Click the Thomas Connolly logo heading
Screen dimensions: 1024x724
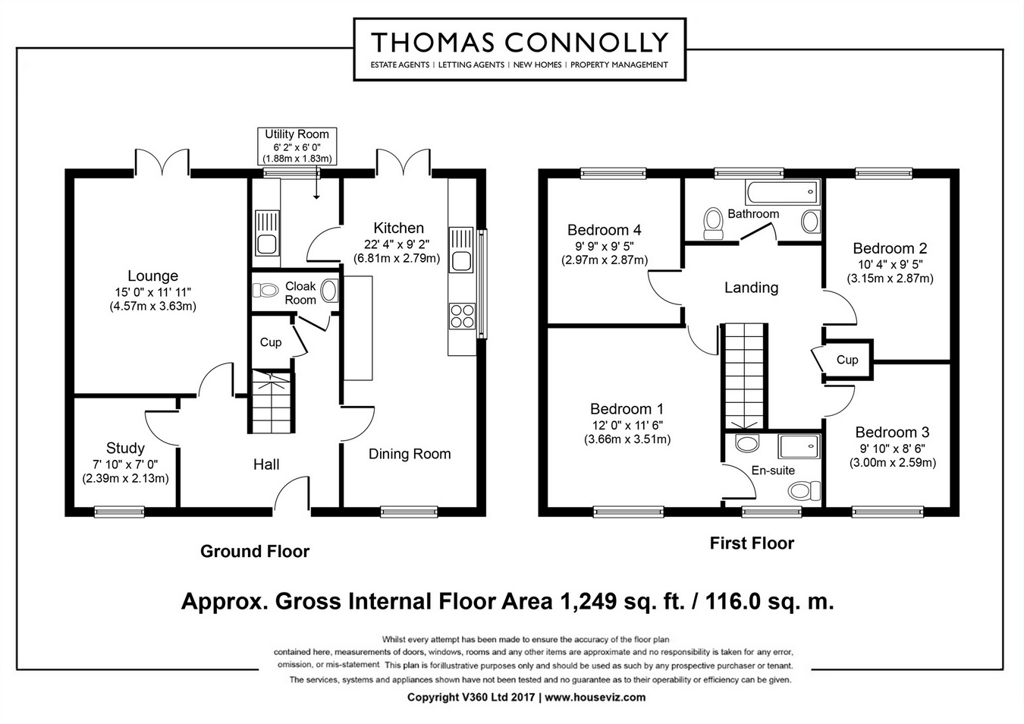point(520,42)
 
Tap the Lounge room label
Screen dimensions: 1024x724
point(152,275)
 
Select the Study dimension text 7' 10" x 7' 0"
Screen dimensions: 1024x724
point(125,464)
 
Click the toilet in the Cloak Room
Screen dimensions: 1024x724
point(265,290)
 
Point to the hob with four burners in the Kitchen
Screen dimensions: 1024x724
point(462,316)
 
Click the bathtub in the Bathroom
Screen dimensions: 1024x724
point(782,192)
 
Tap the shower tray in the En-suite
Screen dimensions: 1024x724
point(799,446)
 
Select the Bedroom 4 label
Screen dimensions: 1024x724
point(605,230)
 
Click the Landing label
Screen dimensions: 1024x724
point(752,288)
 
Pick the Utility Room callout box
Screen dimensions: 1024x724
point(297,146)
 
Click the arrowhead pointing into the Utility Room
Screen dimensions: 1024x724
point(316,197)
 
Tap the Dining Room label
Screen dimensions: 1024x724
point(410,454)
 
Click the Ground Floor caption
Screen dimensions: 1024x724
point(255,551)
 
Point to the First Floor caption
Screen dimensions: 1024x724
point(752,543)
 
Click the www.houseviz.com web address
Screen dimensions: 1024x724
point(595,697)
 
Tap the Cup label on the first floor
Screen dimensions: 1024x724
point(847,360)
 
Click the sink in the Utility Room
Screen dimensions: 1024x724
point(266,232)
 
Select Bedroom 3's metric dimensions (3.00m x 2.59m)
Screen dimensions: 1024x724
point(893,463)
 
